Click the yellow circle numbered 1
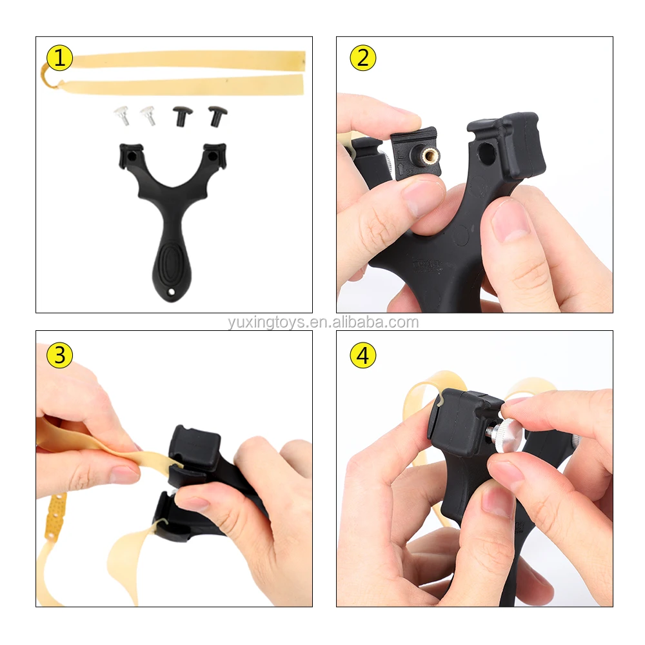click(x=59, y=57)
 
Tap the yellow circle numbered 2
click(x=362, y=57)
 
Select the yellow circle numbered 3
click(x=59, y=355)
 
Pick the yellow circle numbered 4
click(x=362, y=355)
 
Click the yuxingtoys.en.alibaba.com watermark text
click(x=323, y=322)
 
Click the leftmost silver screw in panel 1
click(x=122, y=115)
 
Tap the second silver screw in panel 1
click(x=148, y=115)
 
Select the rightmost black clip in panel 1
click(x=217, y=115)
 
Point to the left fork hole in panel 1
click(x=132, y=157)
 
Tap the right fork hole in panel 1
click(x=212, y=156)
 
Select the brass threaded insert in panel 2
click(x=430, y=155)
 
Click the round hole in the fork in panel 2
click(x=486, y=154)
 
